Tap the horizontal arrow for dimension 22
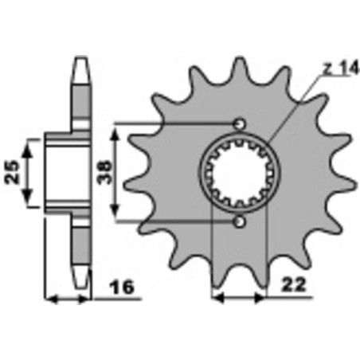pyautogui.click(x=238, y=301)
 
